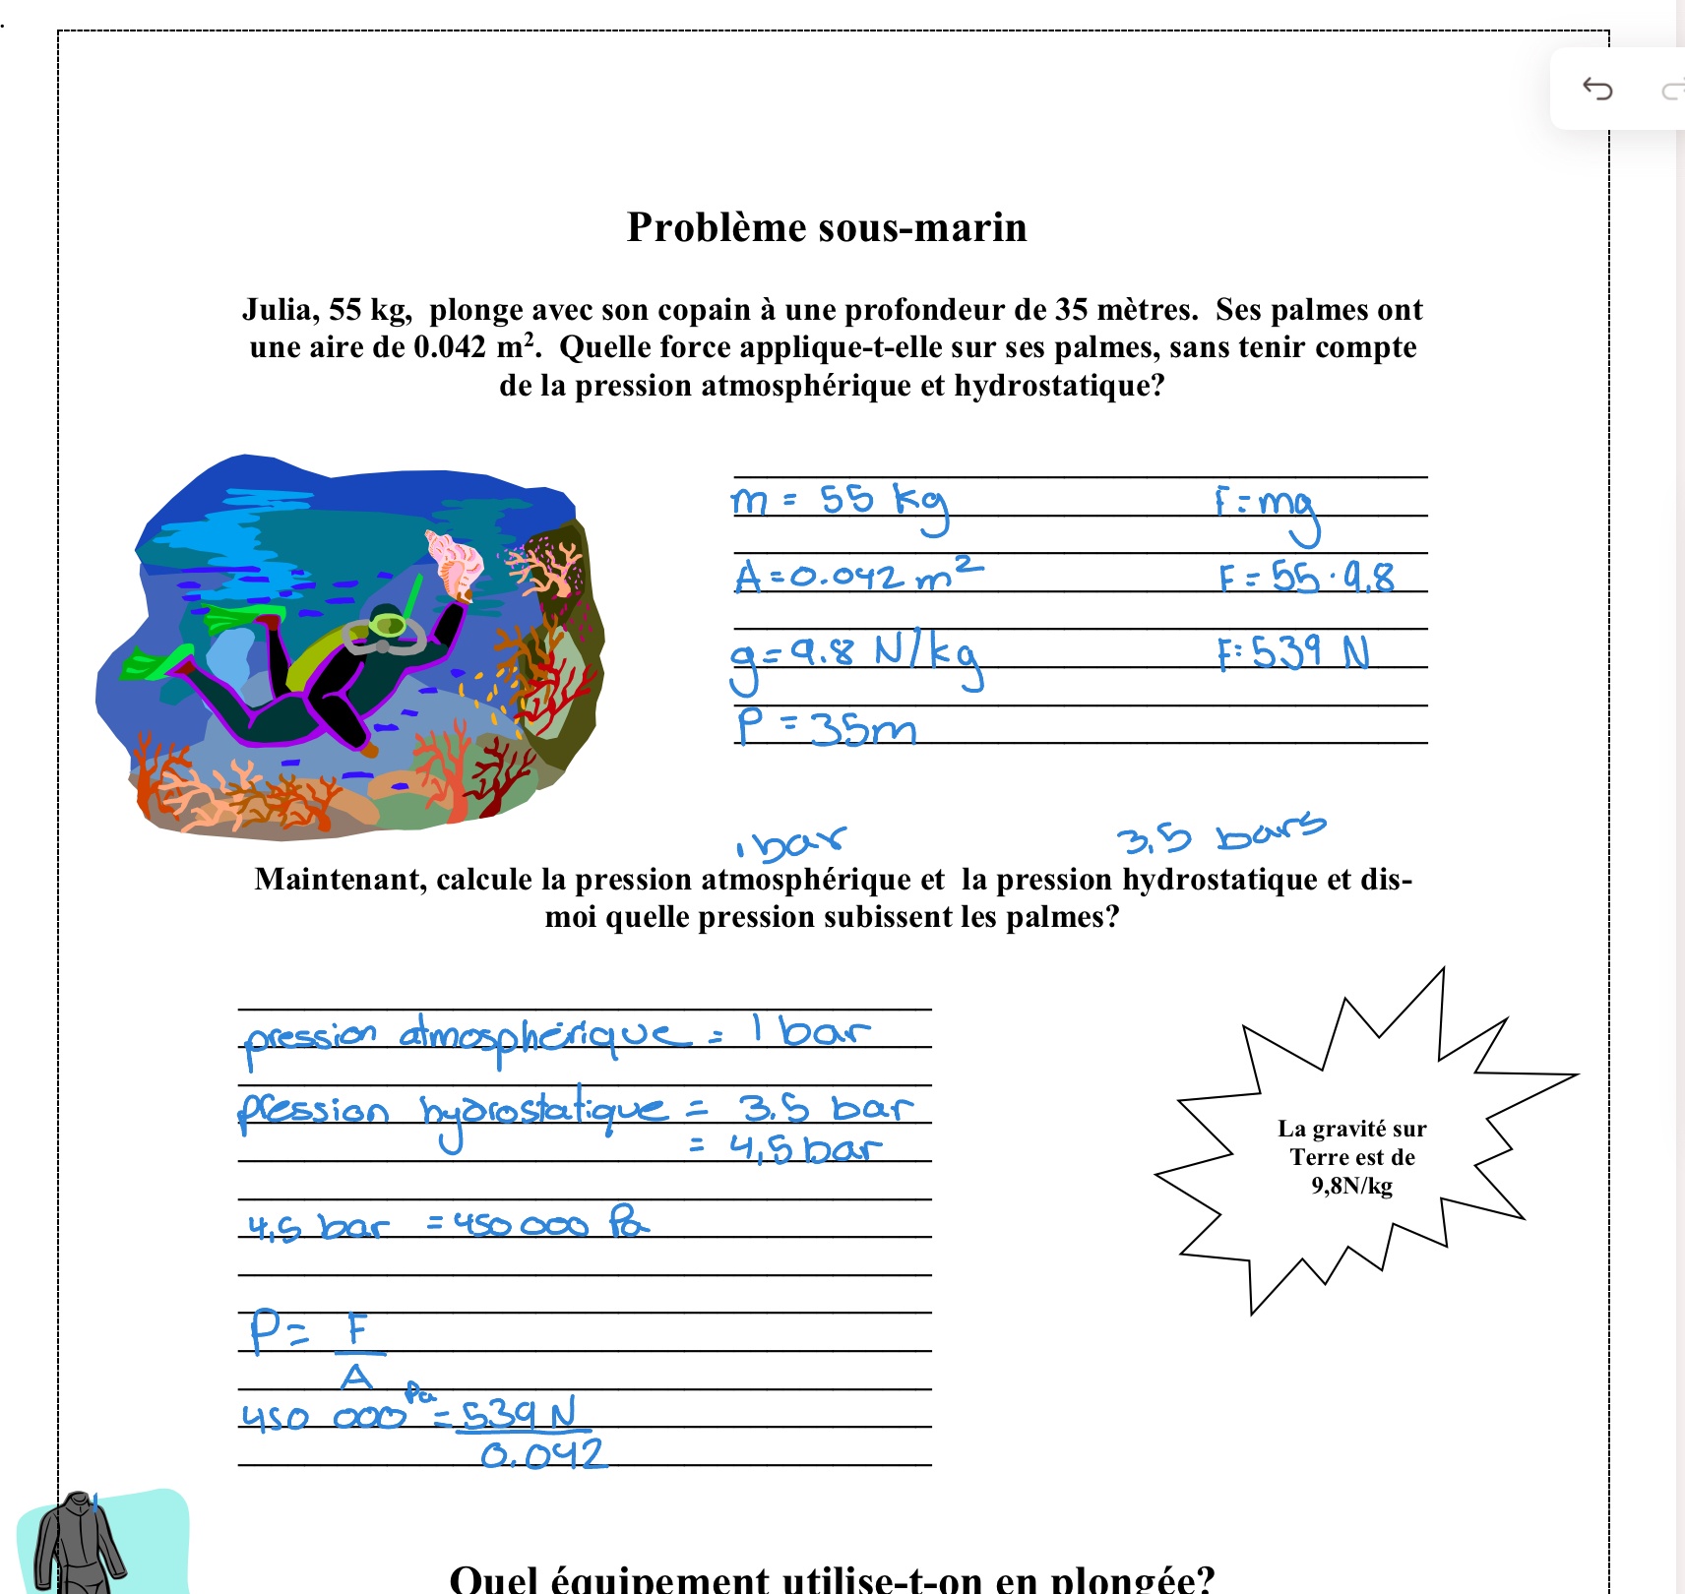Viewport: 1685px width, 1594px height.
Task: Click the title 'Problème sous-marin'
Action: [x=827, y=227]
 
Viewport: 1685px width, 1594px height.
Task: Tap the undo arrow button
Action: [x=1596, y=90]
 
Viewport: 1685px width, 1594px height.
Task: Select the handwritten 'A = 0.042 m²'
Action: [x=857, y=575]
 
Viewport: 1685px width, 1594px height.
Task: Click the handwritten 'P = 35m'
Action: [x=825, y=728]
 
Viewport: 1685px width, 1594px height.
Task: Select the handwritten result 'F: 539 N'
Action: [x=1292, y=652]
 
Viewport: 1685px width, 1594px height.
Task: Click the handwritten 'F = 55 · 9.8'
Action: [x=1306, y=577]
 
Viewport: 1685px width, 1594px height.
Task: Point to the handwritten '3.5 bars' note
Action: [x=1220, y=834]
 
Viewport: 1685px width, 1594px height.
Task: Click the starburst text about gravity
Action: [x=1352, y=1156]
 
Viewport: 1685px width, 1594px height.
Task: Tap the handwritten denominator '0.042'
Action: [x=543, y=1454]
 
